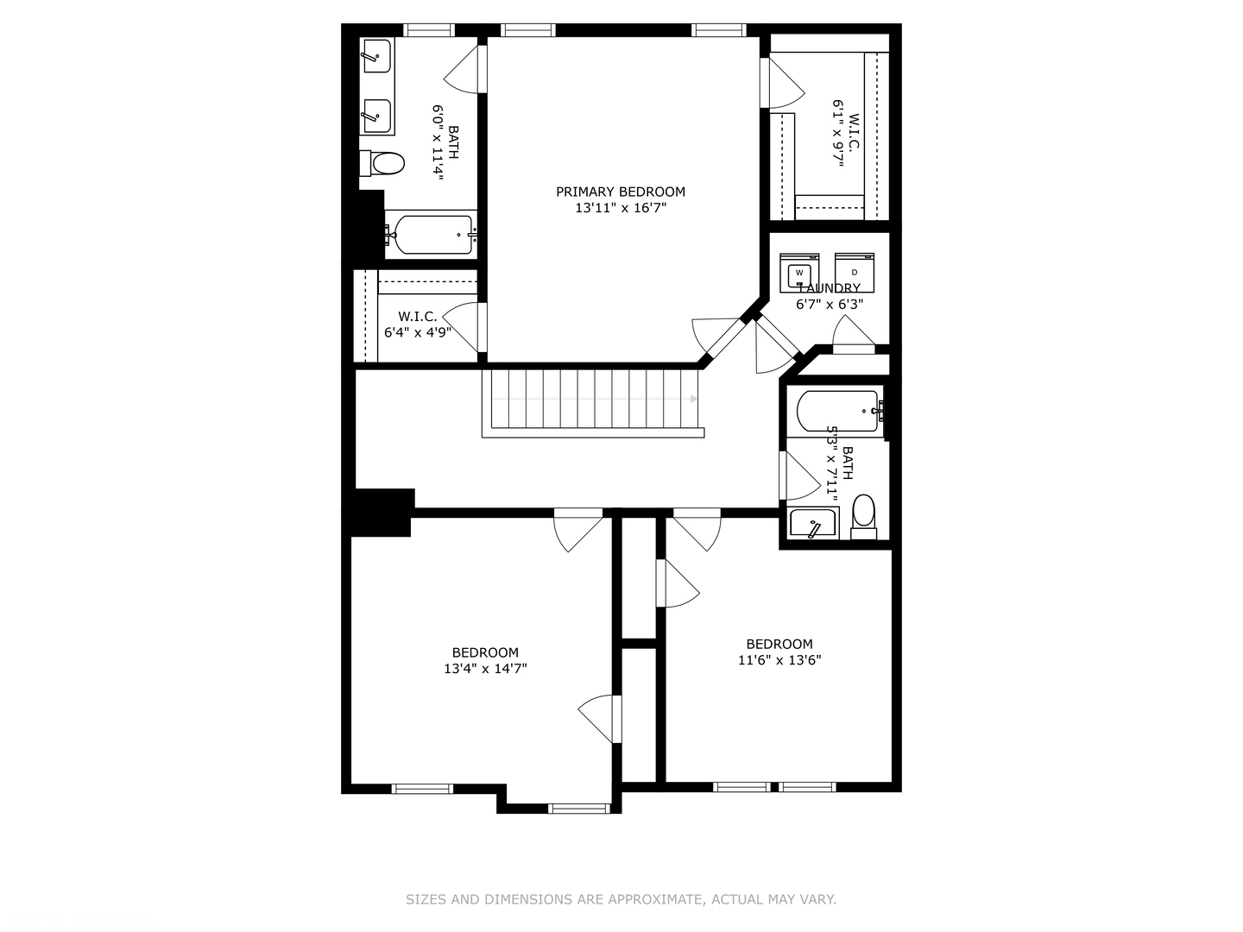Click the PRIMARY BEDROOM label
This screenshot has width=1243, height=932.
pos(620,192)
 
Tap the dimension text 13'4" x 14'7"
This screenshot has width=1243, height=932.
pos(485,668)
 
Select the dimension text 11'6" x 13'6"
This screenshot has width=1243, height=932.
pos(779,660)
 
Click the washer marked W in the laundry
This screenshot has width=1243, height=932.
pos(799,273)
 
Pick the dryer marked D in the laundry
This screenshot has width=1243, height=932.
pos(855,273)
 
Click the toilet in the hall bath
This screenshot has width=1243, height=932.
pos(863,515)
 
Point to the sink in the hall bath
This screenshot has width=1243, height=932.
pos(813,524)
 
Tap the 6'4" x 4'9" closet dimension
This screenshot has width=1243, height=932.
pos(417,332)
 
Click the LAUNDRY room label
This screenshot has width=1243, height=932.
pos(829,288)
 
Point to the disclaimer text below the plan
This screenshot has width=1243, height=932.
pos(621,899)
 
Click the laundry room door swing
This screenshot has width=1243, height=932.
pos(850,332)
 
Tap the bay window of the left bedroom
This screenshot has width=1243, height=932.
pos(579,809)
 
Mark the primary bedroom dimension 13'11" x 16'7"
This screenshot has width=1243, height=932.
pos(620,208)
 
